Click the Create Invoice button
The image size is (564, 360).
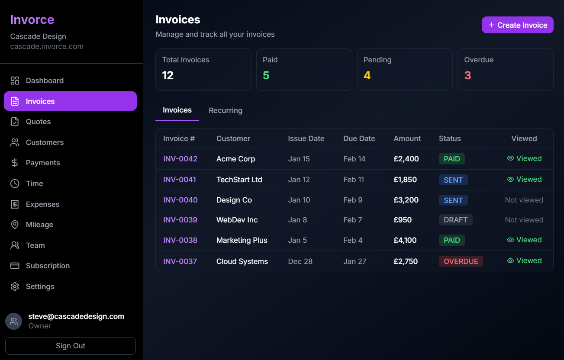(x=517, y=25)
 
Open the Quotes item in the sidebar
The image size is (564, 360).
(x=38, y=122)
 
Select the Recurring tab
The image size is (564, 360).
(x=226, y=110)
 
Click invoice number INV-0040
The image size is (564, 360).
(x=180, y=200)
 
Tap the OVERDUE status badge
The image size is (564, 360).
(x=461, y=261)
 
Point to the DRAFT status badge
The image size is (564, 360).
(x=455, y=220)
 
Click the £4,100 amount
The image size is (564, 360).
(x=405, y=240)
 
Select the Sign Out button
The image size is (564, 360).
(x=71, y=346)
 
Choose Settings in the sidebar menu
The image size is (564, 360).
(x=40, y=286)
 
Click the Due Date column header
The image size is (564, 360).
(x=359, y=138)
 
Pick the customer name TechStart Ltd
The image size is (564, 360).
(x=239, y=180)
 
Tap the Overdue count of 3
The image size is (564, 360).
(x=467, y=75)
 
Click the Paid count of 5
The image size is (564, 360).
(x=266, y=75)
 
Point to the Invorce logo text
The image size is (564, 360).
(x=32, y=19)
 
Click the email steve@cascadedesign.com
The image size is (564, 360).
(x=76, y=316)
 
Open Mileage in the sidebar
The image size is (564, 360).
(x=39, y=225)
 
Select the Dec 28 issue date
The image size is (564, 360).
(x=300, y=261)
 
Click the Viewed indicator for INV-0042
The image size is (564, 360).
(x=524, y=158)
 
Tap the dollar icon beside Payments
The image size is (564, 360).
(x=15, y=163)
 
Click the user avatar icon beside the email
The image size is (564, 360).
(x=13, y=321)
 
